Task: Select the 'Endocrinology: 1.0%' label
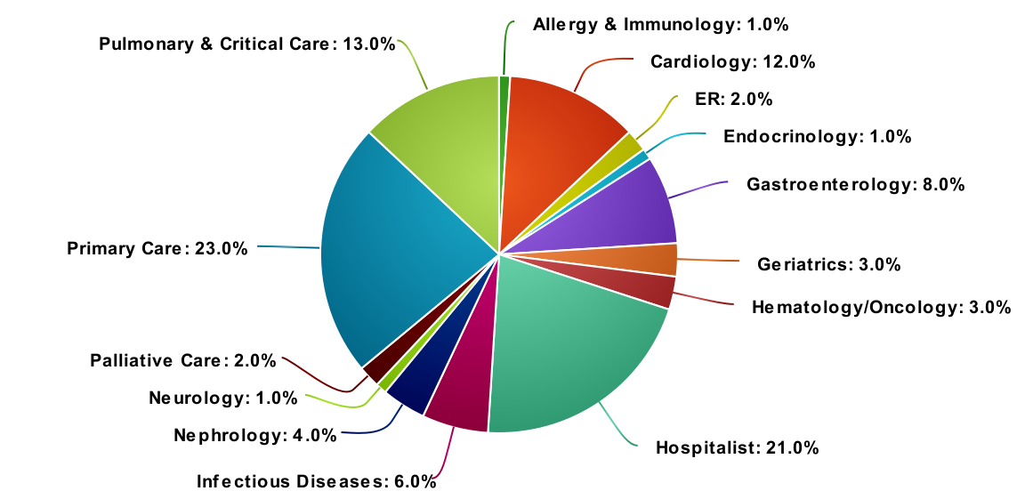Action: (817, 137)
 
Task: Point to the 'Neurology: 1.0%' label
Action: (222, 398)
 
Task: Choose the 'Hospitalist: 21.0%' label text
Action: (737, 447)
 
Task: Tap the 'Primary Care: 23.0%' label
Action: (157, 248)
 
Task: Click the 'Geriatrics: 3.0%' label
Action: (829, 264)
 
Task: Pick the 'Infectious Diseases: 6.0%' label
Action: (316, 482)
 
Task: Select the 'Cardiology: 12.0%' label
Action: (732, 61)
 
